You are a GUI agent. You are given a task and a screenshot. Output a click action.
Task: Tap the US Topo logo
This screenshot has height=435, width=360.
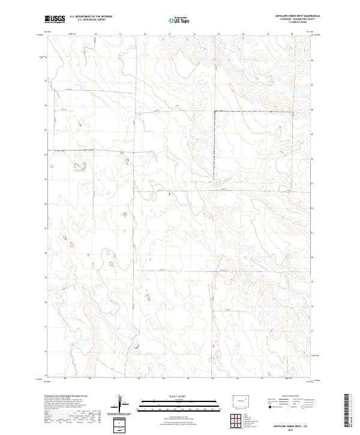point(179,20)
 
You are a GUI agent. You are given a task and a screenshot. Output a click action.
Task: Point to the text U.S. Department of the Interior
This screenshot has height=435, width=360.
point(91,16)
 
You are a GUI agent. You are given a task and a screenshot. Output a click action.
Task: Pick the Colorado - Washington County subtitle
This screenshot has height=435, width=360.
point(298,19)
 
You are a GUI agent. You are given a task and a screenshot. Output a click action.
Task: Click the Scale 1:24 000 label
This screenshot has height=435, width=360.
point(179,397)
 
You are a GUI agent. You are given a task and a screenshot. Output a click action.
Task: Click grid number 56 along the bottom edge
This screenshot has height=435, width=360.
point(238,379)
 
